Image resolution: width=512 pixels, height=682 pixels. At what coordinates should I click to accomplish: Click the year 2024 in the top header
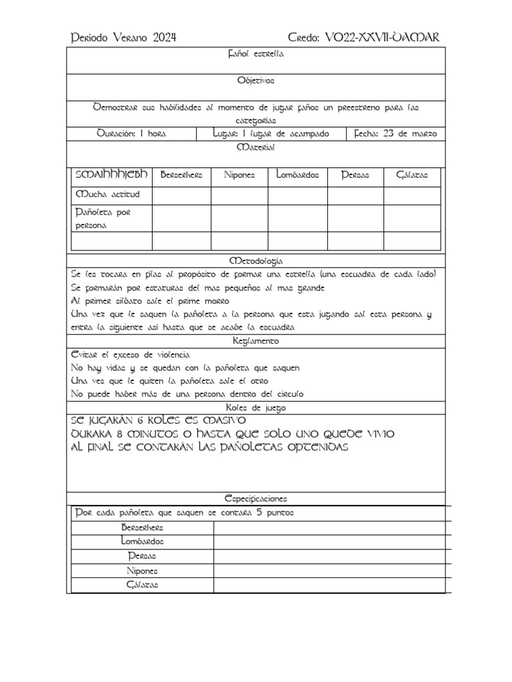tap(163, 38)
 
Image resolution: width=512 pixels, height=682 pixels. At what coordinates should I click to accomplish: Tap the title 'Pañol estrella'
tap(255, 54)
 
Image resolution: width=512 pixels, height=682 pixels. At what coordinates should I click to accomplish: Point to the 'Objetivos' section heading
tap(255, 81)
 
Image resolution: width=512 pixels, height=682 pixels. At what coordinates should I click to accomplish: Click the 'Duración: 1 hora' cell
tap(131, 133)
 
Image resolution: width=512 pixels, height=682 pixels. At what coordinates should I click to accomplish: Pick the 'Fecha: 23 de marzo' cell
tap(396, 133)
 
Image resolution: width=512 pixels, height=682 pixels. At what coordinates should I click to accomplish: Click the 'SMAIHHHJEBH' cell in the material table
tap(112, 174)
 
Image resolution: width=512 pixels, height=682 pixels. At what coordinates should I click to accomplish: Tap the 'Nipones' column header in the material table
tap(239, 175)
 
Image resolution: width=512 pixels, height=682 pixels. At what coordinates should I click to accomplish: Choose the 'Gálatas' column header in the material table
tap(412, 175)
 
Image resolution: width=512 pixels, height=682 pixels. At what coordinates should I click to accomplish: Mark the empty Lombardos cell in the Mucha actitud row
tap(297, 195)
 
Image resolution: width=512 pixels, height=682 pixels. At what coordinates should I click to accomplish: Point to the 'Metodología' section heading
tap(255, 260)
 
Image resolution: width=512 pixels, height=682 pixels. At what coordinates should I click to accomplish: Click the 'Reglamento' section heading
tap(255, 341)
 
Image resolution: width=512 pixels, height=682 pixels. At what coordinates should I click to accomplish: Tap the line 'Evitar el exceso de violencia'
tap(131, 354)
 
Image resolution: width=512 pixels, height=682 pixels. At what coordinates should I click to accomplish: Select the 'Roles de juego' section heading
tap(255, 408)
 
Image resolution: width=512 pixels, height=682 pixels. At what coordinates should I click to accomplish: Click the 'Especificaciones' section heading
tap(255, 498)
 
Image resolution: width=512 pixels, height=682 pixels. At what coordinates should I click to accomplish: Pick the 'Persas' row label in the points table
tap(143, 556)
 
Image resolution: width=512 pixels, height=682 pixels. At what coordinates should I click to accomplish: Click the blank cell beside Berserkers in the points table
tap(329, 527)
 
